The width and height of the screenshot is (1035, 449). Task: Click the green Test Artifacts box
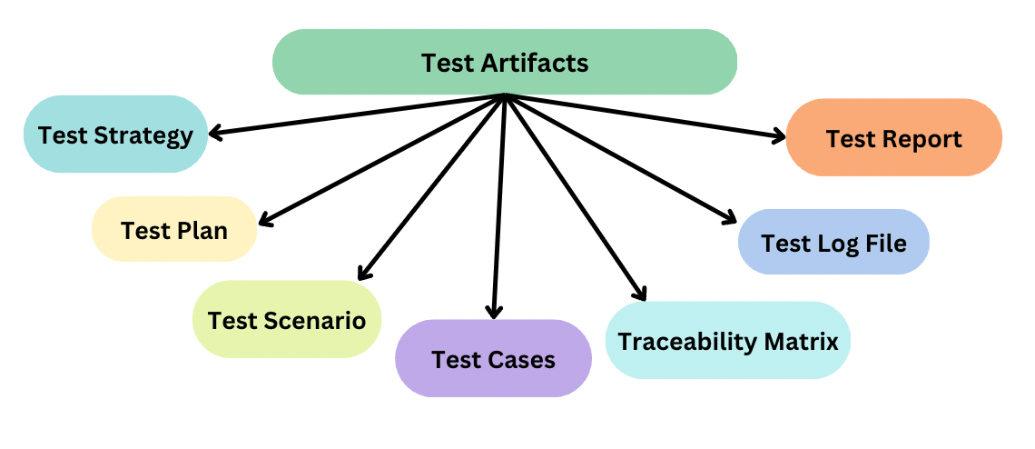pyautogui.click(x=504, y=62)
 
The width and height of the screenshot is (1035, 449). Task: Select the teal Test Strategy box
pyautogui.click(x=115, y=135)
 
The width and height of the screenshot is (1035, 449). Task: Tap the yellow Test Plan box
pyautogui.click(x=174, y=229)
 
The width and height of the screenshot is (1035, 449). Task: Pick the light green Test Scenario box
pyautogui.click(x=286, y=319)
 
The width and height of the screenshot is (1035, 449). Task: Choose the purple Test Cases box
pyautogui.click(x=493, y=358)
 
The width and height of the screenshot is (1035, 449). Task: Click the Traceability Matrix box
pyautogui.click(x=727, y=341)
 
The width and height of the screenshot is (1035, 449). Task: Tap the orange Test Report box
pyautogui.click(x=893, y=138)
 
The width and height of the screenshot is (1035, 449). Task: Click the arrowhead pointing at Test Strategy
pyautogui.click(x=215, y=134)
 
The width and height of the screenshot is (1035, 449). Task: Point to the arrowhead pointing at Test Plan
pyautogui.click(x=264, y=219)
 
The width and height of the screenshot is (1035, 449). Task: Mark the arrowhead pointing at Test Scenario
pyautogui.click(x=362, y=274)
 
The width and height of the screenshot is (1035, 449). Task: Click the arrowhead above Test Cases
pyautogui.click(x=493, y=311)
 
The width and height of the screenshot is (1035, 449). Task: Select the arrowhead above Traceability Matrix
pyautogui.click(x=641, y=293)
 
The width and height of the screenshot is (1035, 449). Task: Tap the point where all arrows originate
pyautogui.click(x=504, y=95)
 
